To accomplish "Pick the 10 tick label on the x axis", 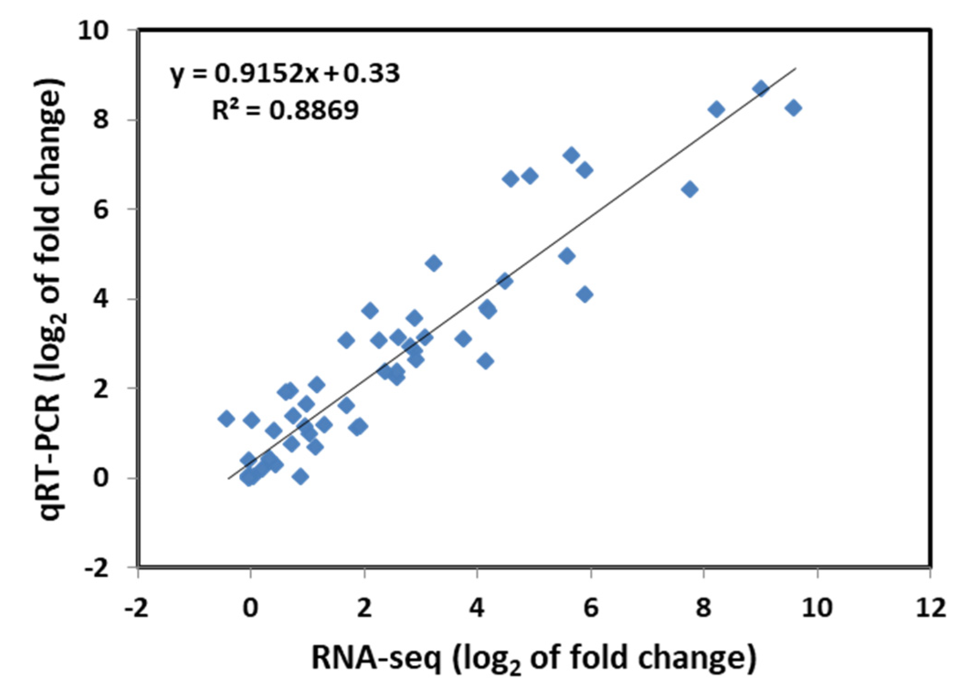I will click(817, 608).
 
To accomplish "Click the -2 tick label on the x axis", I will click(137, 608).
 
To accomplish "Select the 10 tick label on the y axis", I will click(94, 31).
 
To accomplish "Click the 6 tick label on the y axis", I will click(101, 210).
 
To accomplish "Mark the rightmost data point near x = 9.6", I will click(794, 108).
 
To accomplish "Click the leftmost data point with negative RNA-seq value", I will click(226, 419).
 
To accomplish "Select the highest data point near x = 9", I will click(761, 89).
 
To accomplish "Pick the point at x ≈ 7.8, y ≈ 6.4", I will click(690, 189).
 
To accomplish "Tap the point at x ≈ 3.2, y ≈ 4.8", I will click(434, 263).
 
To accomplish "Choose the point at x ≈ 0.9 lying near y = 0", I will click(300, 477).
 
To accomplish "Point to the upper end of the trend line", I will click(796, 69).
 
